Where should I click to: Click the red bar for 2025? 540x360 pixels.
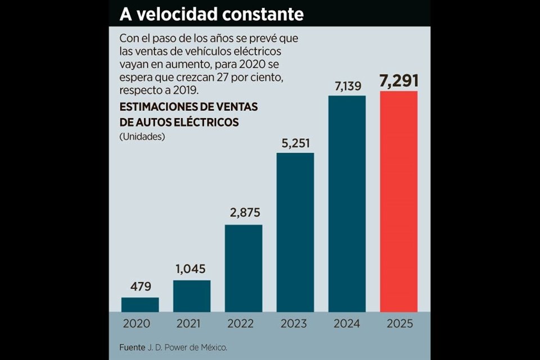click(399, 201)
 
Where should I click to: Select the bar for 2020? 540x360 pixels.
click(140, 304)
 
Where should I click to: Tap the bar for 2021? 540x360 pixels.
click(192, 296)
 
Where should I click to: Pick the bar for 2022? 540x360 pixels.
click(244, 268)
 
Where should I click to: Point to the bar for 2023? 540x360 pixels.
click(295, 232)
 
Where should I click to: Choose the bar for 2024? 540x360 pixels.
click(347, 204)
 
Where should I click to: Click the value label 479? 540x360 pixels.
click(140, 287)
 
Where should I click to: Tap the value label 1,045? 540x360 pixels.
click(192, 269)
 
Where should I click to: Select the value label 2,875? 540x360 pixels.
click(244, 214)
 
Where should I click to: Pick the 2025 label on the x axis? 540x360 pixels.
click(399, 323)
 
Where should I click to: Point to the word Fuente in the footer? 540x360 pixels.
click(132, 347)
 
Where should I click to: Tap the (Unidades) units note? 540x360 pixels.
click(142, 137)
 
